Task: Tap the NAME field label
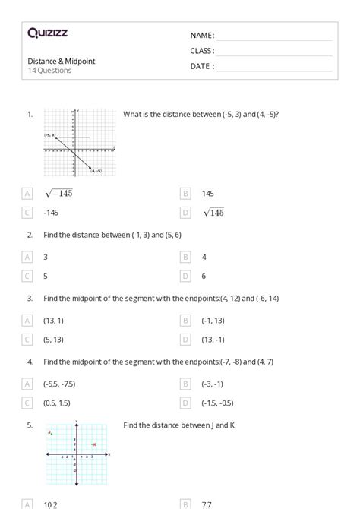(202, 35)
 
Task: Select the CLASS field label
(202, 51)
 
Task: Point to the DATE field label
(201, 66)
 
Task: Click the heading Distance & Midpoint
(62, 61)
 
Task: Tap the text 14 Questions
(49, 71)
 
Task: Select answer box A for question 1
(28, 194)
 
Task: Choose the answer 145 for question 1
(208, 194)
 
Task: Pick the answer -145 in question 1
(52, 213)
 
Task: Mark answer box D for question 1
(185, 213)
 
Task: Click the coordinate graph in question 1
(79, 142)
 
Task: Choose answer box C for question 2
(28, 277)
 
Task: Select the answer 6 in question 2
(204, 277)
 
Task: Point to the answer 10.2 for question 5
(51, 503)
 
